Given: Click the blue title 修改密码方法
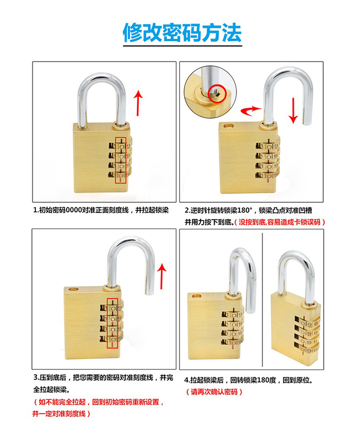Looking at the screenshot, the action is [182, 33].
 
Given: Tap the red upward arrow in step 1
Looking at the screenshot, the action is [138, 103].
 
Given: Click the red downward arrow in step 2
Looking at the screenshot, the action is [293, 110].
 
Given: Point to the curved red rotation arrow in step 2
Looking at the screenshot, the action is [251, 110].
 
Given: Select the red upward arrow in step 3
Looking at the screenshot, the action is [162, 276].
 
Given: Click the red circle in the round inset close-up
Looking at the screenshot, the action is [217, 94].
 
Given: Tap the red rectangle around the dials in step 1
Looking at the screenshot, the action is [120, 160].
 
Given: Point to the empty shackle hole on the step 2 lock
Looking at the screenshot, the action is [228, 126].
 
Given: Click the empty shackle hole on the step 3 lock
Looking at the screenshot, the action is [73, 289].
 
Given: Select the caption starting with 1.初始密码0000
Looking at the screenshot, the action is [101, 210].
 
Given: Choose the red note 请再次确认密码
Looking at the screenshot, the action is [214, 392].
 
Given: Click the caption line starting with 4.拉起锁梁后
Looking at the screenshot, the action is [249, 380].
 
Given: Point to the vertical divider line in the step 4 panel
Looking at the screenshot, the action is [263, 299].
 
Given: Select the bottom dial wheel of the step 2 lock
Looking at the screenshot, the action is [268, 175].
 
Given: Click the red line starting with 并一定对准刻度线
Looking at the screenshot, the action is [61, 414].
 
